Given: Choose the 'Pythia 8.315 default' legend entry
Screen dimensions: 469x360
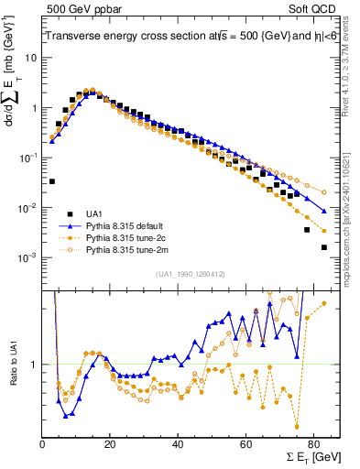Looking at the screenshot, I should (128, 224).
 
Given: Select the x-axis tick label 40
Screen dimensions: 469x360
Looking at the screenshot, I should (178, 444).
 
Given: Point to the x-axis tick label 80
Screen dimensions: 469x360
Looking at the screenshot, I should (312, 444).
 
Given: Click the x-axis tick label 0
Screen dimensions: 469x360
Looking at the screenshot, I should (43, 444).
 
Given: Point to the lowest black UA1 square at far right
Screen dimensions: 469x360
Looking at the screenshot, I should (324, 247).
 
